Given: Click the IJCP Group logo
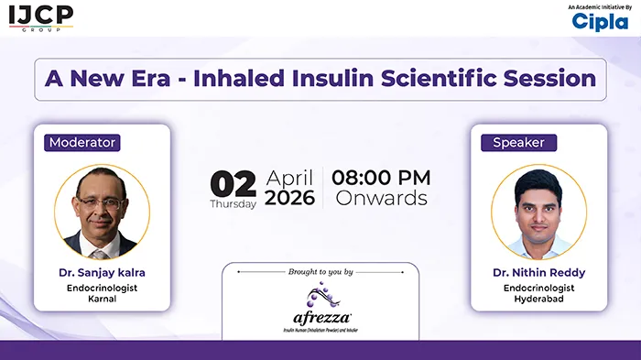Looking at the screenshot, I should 40,17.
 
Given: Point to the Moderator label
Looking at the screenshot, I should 82,142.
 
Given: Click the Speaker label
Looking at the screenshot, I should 518,142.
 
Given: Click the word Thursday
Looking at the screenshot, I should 233,204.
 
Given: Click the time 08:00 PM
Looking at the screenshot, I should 381,177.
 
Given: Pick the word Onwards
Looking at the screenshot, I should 381,198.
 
